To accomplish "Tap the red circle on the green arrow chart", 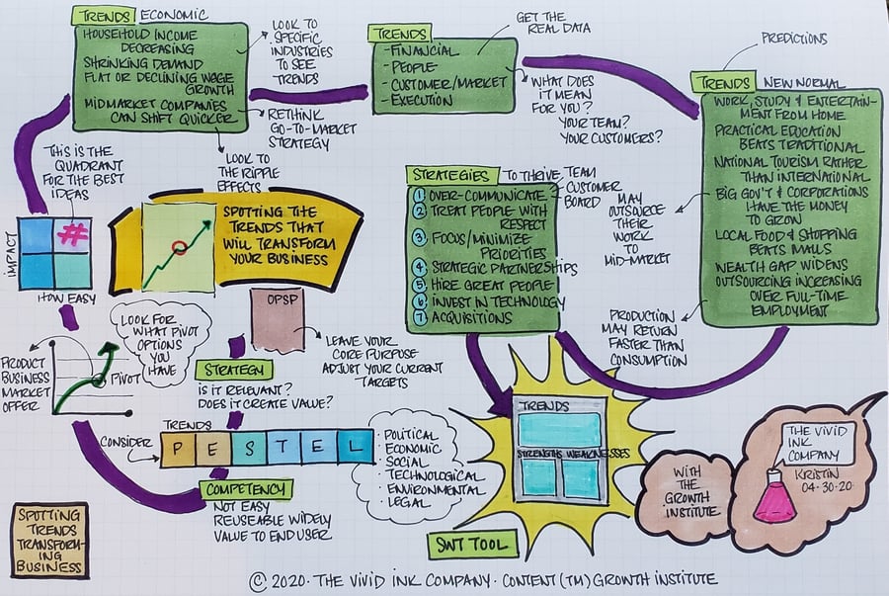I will pyautogui.click(x=179, y=246).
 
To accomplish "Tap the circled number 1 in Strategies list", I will pyautogui.click(x=420, y=195).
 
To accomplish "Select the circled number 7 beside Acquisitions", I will pyautogui.click(x=419, y=318).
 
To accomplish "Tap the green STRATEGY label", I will pyautogui.click(x=233, y=370).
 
